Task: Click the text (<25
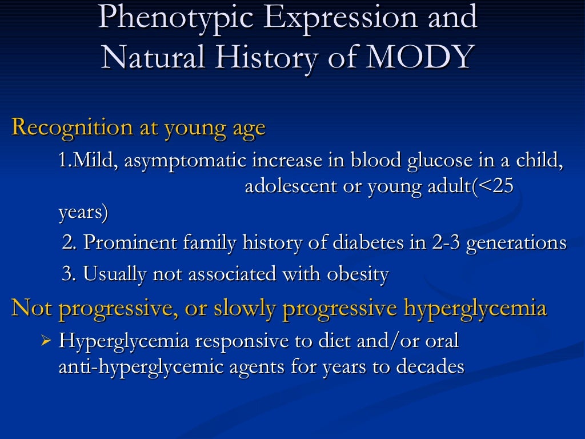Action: click(x=492, y=187)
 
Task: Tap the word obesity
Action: click(x=358, y=274)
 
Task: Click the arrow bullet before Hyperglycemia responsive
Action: click(x=47, y=341)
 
